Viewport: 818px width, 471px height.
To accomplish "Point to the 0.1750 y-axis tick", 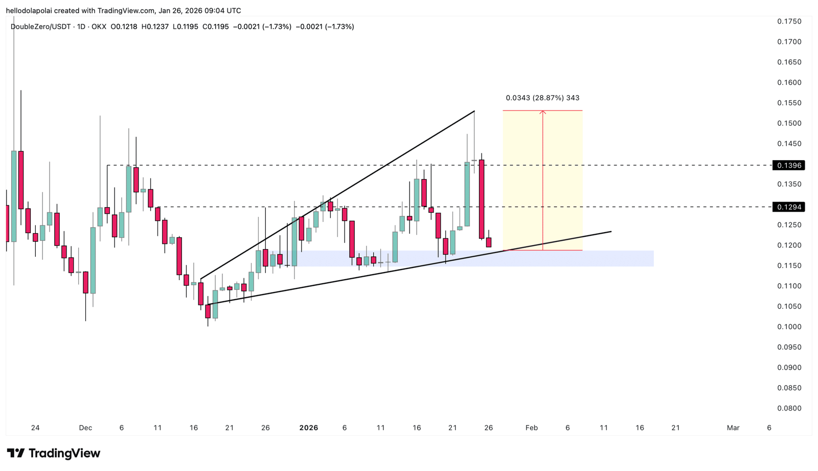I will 789,21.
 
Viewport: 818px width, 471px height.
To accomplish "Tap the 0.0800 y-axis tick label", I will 789,408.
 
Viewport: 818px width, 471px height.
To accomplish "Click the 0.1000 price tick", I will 789,327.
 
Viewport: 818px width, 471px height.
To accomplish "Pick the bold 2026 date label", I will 308,428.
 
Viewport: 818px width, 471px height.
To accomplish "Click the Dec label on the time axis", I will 85,428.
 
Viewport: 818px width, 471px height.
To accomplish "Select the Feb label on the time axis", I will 531,428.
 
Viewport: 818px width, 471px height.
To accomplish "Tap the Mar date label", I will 733,428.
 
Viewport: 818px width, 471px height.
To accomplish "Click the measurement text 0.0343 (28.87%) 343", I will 542,98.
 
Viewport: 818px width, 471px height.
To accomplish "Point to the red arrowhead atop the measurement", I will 543,112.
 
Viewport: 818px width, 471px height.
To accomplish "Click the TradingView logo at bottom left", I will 53,453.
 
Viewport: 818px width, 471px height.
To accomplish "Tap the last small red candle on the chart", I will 489,242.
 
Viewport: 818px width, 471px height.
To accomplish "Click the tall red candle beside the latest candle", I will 482,199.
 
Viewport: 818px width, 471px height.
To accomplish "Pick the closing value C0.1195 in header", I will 215,27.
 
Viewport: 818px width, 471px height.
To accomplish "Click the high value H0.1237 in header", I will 155,27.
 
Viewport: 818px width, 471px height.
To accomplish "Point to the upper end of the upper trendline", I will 474,111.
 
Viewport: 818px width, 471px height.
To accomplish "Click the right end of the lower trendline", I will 611,232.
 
